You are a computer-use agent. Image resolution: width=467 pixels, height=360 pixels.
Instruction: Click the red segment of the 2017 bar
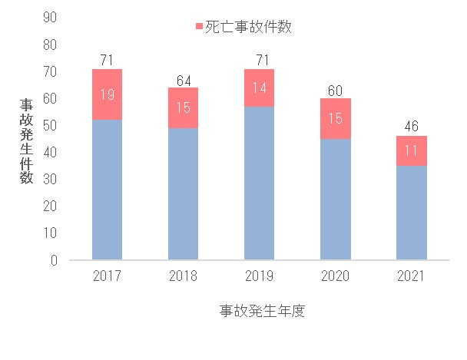pyautogui.click(x=107, y=94)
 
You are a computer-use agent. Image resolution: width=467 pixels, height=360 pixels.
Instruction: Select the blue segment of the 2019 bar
pyautogui.click(x=259, y=183)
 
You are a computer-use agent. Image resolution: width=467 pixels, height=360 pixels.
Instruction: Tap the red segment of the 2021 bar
pyautogui.click(x=411, y=150)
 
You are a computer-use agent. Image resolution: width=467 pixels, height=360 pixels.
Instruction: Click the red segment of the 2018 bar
pyautogui.click(x=183, y=107)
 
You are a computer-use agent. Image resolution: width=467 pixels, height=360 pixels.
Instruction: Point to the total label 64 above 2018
pyautogui.click(x=183, y=79)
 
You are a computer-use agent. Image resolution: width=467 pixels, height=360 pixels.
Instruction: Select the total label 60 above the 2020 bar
pyautogui.click(x=335, y=90)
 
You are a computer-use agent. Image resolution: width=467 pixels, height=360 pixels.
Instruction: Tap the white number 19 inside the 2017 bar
pyautogui.click(x=107, y=94)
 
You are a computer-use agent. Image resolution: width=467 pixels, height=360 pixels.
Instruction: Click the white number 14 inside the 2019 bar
pyautogui.click(x=259, y=88)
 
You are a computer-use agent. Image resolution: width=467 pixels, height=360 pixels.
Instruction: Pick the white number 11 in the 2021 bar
pyautogui.click(x=411, y=151)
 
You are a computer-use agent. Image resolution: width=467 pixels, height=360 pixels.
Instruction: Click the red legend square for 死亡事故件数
pyautogui.click(x=200, y=27)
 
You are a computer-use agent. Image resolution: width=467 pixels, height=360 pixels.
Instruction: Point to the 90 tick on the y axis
pyautogui.click(x=51, y=18)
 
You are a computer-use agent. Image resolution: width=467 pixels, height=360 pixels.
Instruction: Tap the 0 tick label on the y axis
pyautogui.click(x=55, y=260)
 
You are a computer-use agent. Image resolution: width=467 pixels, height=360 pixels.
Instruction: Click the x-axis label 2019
pyautogui.click(x=259, y=276)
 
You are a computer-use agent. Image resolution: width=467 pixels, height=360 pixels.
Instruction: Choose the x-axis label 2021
pyautogui.click(x=411, y=276)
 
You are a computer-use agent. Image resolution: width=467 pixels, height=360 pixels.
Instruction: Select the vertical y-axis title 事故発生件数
pyautogui.click(x=26, y=140)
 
